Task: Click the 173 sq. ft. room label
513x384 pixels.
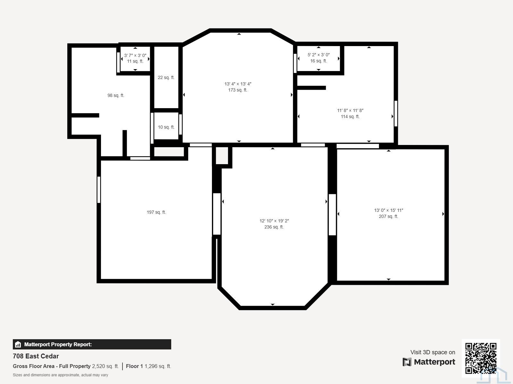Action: (x=238, y=90)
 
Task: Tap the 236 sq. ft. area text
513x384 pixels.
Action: (x=274, y=227)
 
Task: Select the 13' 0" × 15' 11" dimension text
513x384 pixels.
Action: (x=388, y=210)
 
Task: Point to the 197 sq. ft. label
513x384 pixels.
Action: (x=156, y=212)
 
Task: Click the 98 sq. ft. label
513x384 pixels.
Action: (x=116, y=95)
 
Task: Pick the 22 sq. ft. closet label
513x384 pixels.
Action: (x=166, y=77)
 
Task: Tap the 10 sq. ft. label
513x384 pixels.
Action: (x=166, y=127)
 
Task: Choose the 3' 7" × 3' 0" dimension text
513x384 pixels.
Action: (x=135, y=55)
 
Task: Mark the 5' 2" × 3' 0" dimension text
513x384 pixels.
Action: (x=319, y=55)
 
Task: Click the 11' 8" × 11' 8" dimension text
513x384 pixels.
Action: (x=350, y=110)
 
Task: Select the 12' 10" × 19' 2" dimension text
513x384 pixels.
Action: (x=274, y=221)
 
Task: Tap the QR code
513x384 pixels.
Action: (x=481, y=358)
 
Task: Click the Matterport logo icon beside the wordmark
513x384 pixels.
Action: (x=407, y=362)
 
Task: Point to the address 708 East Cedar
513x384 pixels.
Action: (x=36, y=356)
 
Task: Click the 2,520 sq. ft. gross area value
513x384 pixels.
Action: (x=105, y=366)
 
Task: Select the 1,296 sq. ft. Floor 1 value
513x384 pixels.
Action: (x=158, y=366)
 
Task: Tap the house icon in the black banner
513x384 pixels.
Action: (x=18, y=344)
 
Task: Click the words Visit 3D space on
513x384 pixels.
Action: (x=433, y=352)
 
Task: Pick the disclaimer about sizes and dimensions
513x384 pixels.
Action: (x=60, y=375)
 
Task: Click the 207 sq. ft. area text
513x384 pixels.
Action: (x=388, y=216)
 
